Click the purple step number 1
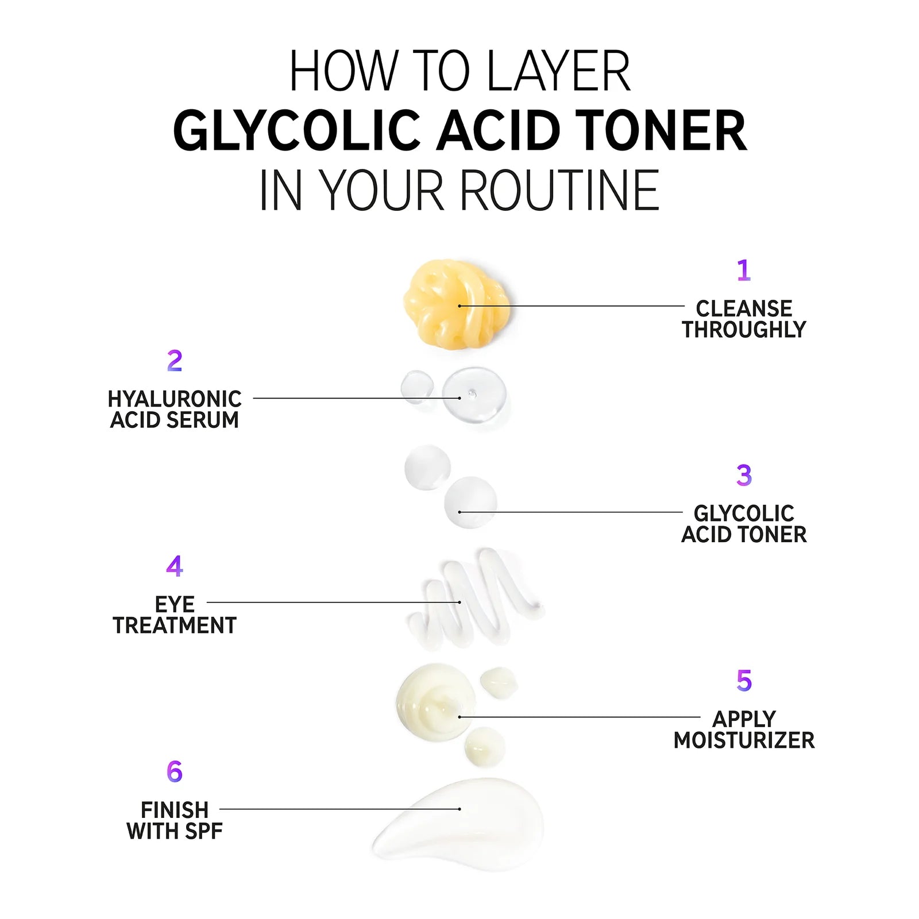(x=744, y=270)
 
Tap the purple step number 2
(x=175, y=361)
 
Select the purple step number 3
(x=744, y=475)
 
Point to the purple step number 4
(x=175, y=566)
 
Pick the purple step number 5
(x=744, y=681)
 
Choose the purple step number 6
(x=175, y=771)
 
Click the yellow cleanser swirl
(x=456, y=304)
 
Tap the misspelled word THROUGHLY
(x=744, y=330)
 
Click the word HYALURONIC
(x=175, y=399)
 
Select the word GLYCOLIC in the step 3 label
(x=744, y=513)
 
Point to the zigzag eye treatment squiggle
(x=474, y=599)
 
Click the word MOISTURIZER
(x=744, y=740)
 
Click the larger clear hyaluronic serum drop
(x=474, y=395)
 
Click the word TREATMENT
(x=175, y=625)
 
